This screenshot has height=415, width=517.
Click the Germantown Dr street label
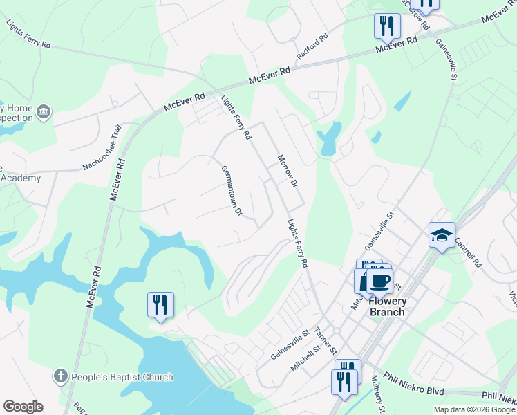tap(231, 190)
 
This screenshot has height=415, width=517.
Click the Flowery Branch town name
tap(386, 306)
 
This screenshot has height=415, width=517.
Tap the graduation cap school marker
tap(442, 236)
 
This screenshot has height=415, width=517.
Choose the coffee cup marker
tap(379, 281)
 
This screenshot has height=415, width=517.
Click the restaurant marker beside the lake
tap(160, 304)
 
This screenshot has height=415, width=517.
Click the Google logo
tap(23, 407)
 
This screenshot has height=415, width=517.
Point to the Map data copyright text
tap(474, 409)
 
